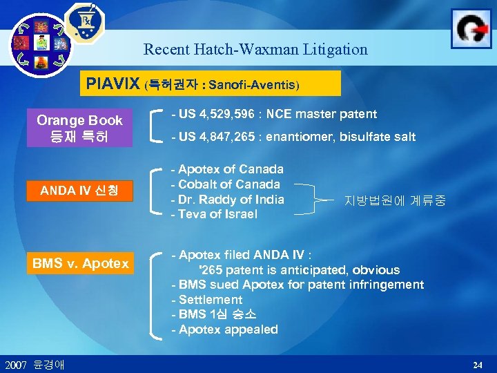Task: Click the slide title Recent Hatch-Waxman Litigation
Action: [255, 50]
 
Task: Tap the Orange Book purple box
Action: [79, 128]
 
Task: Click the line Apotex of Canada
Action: [227, 169]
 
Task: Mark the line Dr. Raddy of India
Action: [228, 200]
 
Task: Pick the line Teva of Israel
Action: [214, 214]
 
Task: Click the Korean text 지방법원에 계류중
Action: [395, 201]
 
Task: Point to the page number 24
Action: [477, 364]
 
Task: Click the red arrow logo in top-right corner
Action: [471, 28]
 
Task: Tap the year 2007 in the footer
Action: [16, 364]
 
